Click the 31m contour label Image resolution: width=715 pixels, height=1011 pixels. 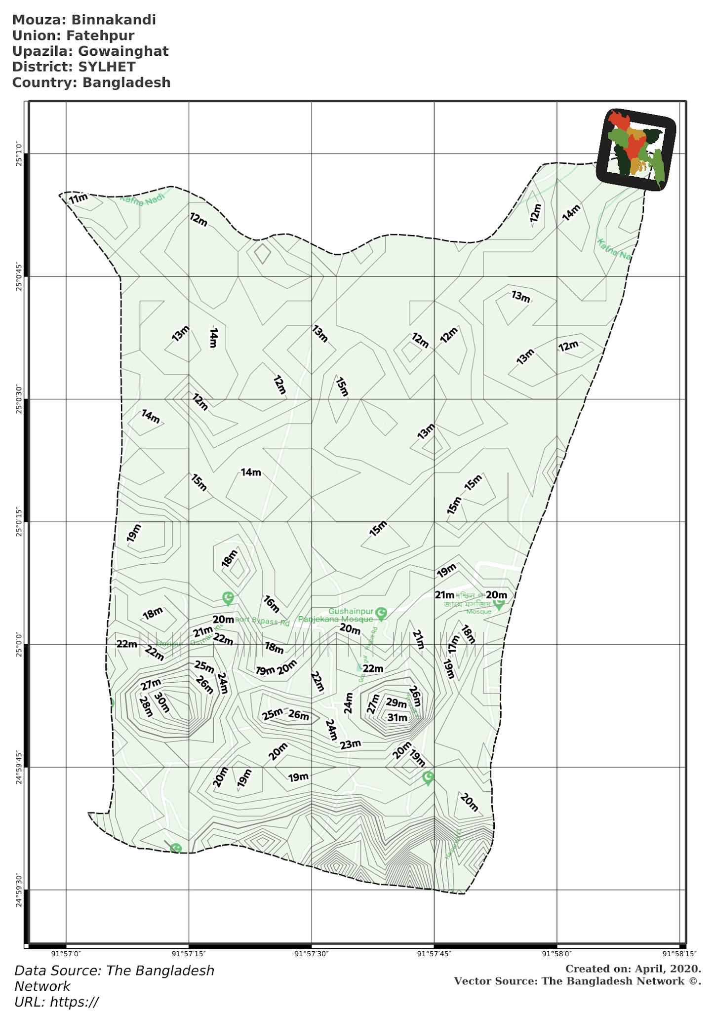(x=397, y=717)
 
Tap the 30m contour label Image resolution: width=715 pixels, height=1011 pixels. (x=162, y=702)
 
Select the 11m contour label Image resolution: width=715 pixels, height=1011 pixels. (x=79, y=198)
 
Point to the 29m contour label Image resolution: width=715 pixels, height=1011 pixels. (x=396, y=702)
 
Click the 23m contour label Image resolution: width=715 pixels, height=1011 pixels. (x=351, y=744)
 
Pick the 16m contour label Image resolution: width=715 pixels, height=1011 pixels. (x=272, y=603)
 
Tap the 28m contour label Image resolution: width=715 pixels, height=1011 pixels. (x=146, y=706)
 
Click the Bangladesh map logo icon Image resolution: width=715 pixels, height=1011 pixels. (x=636, y=149)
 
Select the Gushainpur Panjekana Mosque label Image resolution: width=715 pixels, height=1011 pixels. (x=336, y=616)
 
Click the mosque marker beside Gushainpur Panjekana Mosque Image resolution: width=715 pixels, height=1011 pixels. (x=381, y=613)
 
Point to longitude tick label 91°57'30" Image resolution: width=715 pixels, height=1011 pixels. (x=311, y=954)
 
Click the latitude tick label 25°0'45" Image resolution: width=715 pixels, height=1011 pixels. (x=19, y=276)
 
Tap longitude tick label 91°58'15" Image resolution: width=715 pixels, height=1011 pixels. (x=679, y=954)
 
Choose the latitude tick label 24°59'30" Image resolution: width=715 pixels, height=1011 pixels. (x=19, y=890)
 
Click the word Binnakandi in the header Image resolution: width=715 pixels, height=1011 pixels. (x=114, y=20)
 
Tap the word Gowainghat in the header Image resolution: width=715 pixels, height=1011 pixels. (x=123, y=51)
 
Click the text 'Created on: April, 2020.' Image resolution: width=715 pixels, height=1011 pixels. (x=633, y=969)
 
